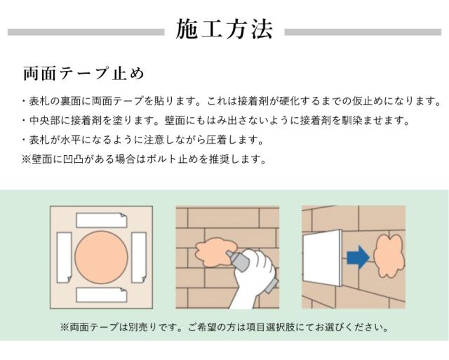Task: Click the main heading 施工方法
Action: tap(224, 30)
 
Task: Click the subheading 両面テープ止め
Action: tap(83, 74)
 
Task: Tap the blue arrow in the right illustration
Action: tap(358, 258)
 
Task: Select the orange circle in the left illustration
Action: tap(101, 257)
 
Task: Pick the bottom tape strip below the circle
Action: tap(102, 294)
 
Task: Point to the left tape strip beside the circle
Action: tap(64, 257)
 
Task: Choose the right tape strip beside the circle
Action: tap(138, 256)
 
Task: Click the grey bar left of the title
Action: tap(85, 32)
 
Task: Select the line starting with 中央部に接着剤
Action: tap(215, 121)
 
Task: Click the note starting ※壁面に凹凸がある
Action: tap(145, 159)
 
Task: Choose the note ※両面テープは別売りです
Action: tap(224, 327)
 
